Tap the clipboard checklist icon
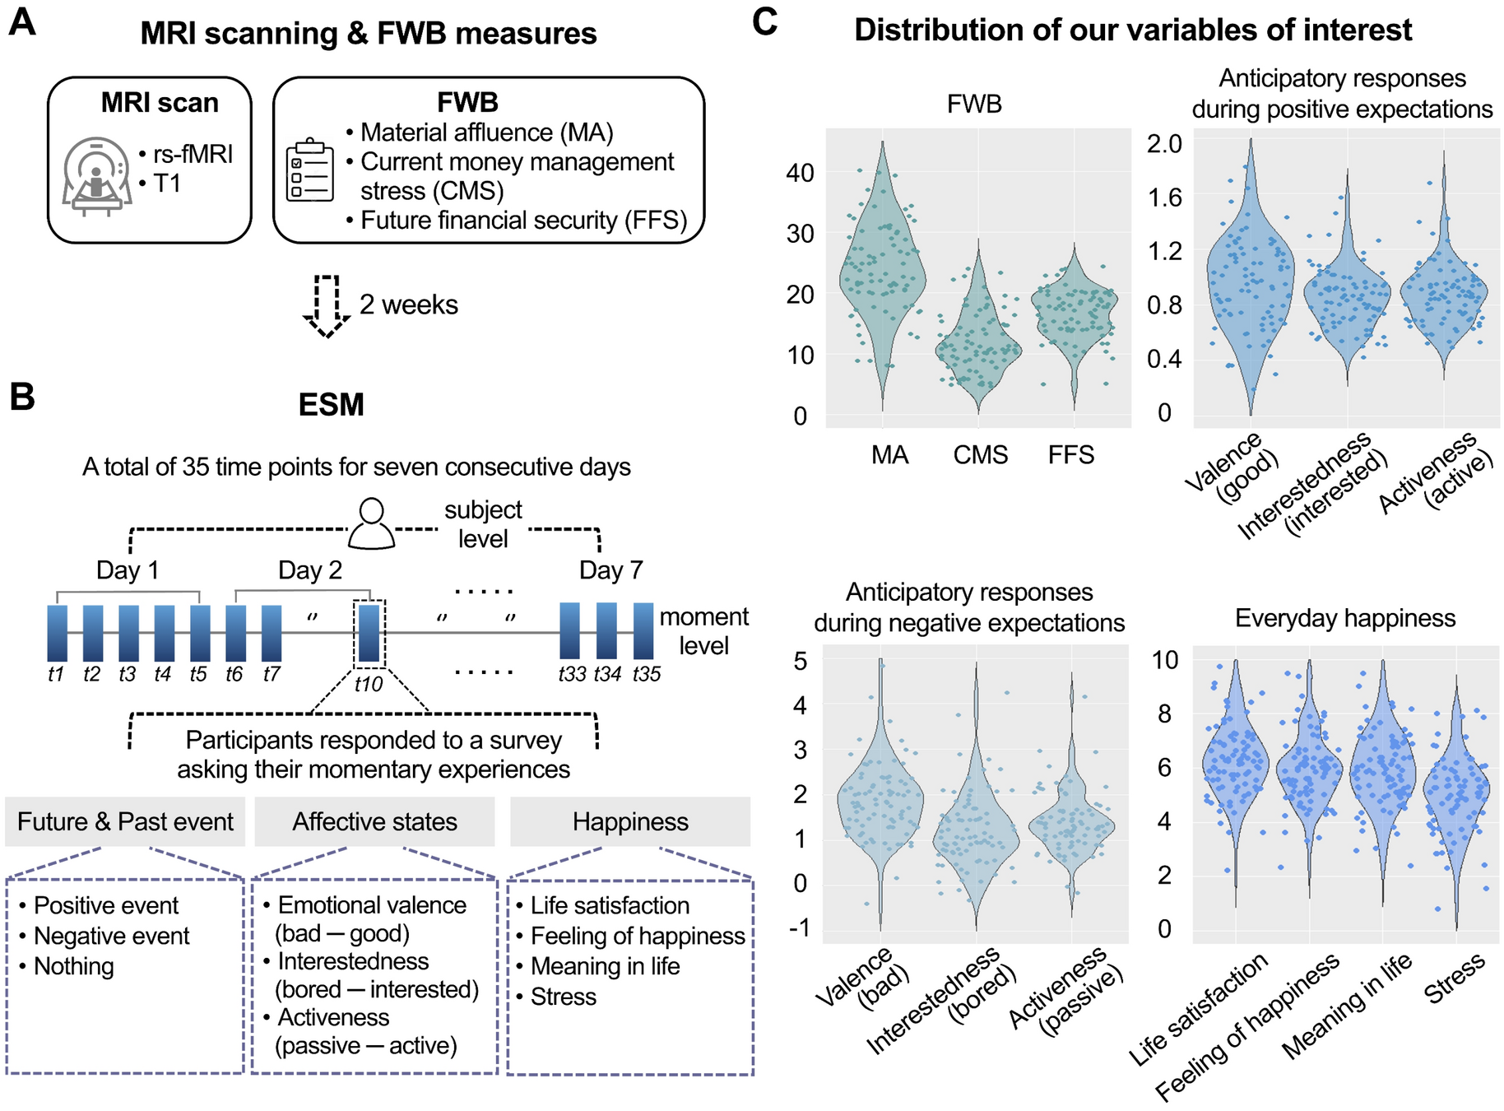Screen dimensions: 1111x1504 click(309, 170)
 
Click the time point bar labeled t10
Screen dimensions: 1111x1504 click(369, 633)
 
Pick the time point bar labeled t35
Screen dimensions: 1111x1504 click(643, 630)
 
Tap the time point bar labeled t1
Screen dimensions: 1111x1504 click(57, 633)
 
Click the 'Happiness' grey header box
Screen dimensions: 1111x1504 click(630, 821)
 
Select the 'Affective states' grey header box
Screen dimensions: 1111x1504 click(374, 821)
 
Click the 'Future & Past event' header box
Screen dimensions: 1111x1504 click(125, 821)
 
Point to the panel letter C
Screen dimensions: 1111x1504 click(764, 22)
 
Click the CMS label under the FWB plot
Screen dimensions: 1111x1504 click(980, 455)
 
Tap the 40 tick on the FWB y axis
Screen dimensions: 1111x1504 click(800, 173)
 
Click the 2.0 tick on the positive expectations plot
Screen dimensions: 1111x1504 click(1164, 144)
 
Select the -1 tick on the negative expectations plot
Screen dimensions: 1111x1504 click(799, 927)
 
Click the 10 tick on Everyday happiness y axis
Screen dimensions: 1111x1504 click(1164, 660)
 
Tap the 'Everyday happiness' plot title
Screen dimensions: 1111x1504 click(1344, 618)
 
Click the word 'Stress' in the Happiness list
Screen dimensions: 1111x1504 click(564, 997)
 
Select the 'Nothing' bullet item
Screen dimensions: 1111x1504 click(73, 966)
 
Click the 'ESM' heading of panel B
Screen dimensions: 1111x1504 click(331, 405)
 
